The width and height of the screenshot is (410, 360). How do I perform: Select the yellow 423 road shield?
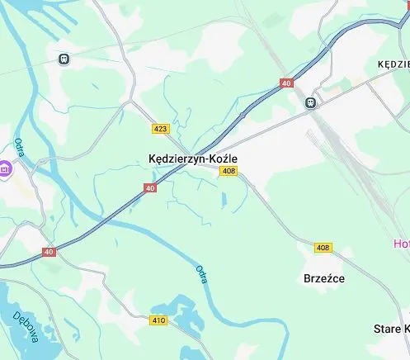(x=161, y=128)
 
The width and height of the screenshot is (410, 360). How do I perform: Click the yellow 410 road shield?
(x=159, y=320)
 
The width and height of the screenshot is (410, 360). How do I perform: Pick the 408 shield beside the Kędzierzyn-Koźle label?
(x=229, y=171)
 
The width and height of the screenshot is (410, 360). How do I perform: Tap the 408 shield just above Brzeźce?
(x=323, y=248)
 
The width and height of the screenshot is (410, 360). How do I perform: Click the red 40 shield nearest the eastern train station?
(x=286, y=83)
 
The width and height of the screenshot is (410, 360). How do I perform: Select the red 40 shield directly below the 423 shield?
(x=150, y=188)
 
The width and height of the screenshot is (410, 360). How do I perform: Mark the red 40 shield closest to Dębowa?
(x=49, y=252)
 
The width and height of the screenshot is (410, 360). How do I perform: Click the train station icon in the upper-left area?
(x=64, y=59)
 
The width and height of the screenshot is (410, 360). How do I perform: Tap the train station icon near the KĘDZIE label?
(x=309, y=103)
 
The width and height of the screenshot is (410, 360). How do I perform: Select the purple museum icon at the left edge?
(x=5, y=168)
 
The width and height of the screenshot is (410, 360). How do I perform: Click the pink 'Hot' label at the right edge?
(x=401, y=244)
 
